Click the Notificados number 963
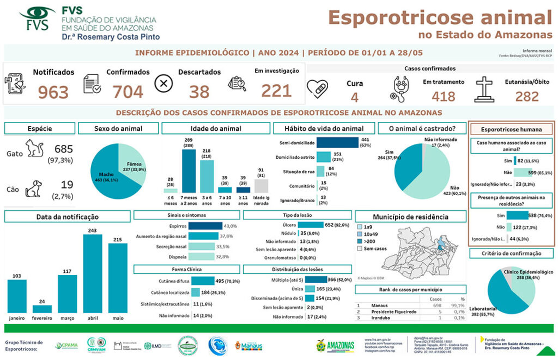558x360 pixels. (53, 92)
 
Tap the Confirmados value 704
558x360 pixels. (128, 92)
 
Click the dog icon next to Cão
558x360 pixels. (34, 189)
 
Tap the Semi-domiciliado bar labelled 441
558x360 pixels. (337, 143)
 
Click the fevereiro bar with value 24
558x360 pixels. (42, 309)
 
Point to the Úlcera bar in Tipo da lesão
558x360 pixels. (310, 224)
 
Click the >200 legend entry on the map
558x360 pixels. (369, 241)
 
